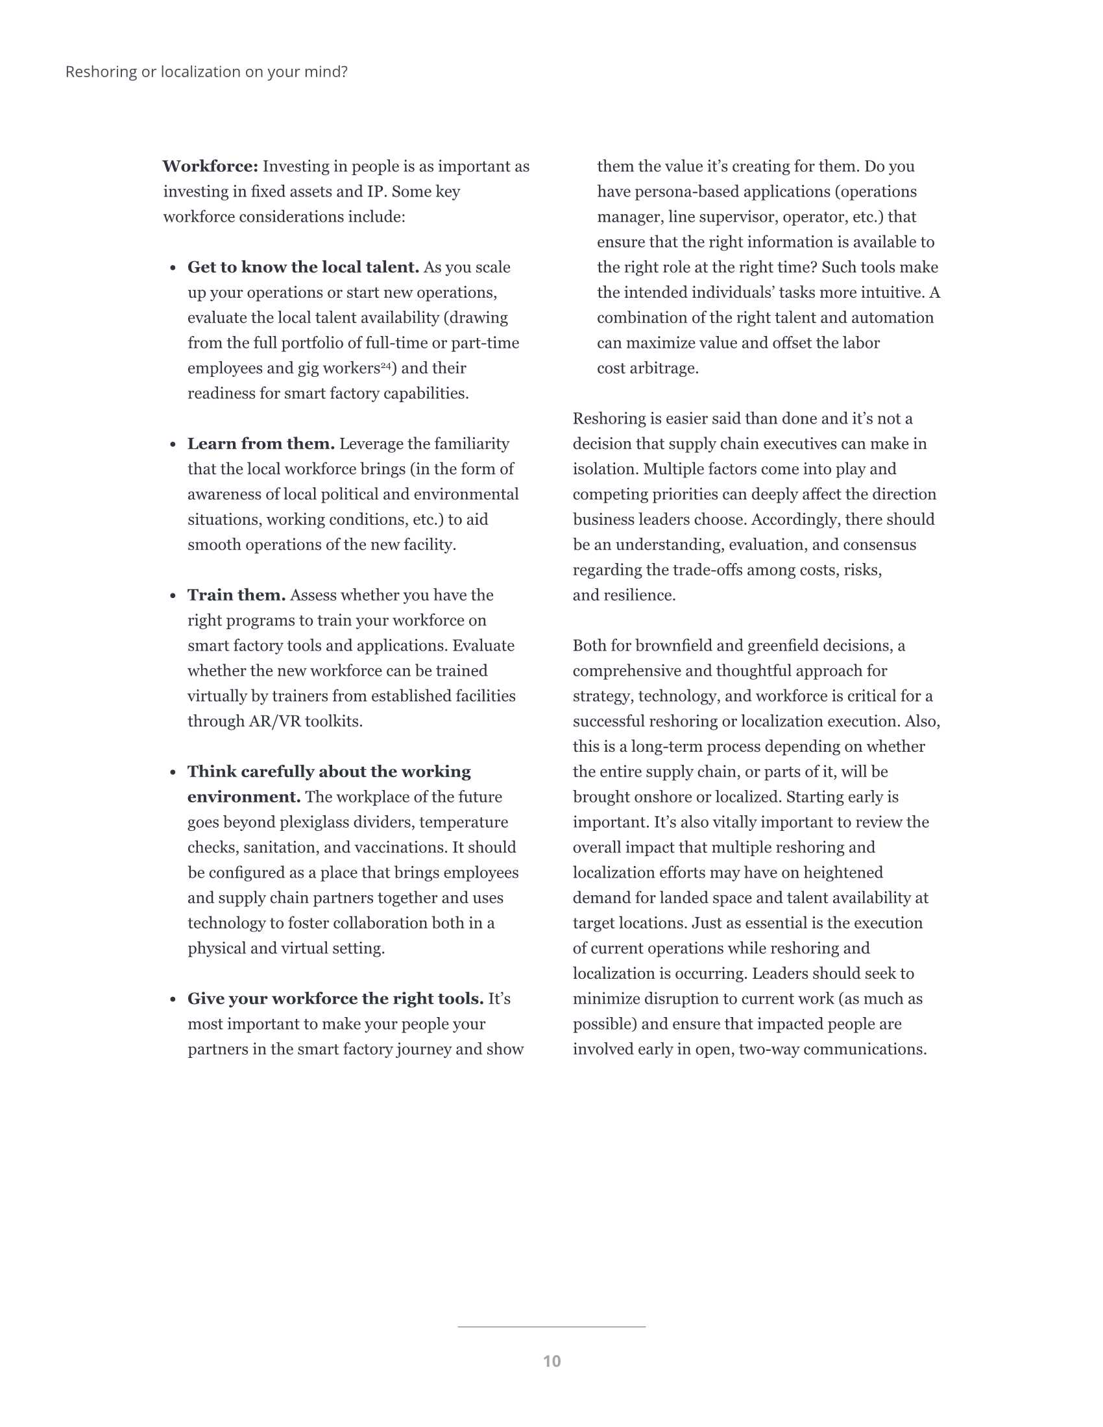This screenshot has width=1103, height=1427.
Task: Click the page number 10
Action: pos(551,1361)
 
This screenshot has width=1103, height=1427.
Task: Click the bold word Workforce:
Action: pos(210,167)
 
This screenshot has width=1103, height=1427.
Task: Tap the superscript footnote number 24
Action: pos(385,365)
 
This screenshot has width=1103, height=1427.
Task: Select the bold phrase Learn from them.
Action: pos(261,444)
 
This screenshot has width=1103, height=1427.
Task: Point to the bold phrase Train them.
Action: pos(237,595)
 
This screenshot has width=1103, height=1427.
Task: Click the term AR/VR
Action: pos(276,721)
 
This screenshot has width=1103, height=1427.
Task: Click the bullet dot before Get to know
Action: pos(173,268)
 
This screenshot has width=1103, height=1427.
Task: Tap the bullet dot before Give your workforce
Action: pos(173,1000)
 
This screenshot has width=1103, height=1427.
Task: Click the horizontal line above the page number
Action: pos(551,1327)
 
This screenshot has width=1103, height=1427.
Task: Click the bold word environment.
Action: pos(244,797)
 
